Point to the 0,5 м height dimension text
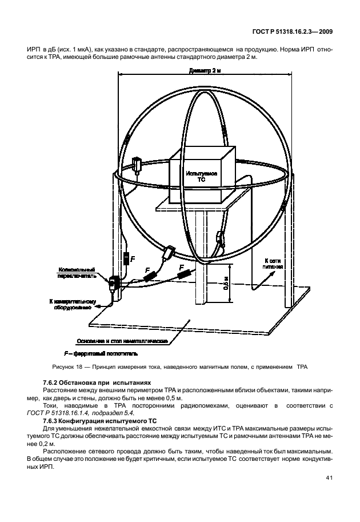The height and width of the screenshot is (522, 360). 226,283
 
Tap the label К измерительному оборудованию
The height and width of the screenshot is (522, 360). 70,304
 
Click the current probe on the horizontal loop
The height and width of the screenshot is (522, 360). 137,165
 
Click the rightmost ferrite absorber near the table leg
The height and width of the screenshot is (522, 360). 185,273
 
